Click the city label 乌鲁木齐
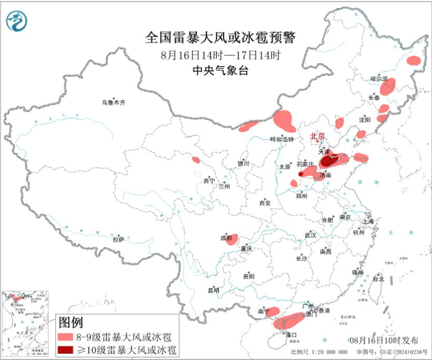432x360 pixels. coord(114,102)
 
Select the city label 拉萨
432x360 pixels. coord(118,239)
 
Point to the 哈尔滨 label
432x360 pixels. coord(378,79)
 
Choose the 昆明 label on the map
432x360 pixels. coord(214,290)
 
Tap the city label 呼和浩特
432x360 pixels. coord(282,139)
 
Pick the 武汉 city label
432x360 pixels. coord(310,236)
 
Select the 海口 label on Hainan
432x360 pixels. coord(291,335)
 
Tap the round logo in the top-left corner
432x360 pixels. coord(17,20)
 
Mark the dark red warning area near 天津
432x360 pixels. coord(329,161)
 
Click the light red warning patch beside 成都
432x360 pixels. coord(232,239)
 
